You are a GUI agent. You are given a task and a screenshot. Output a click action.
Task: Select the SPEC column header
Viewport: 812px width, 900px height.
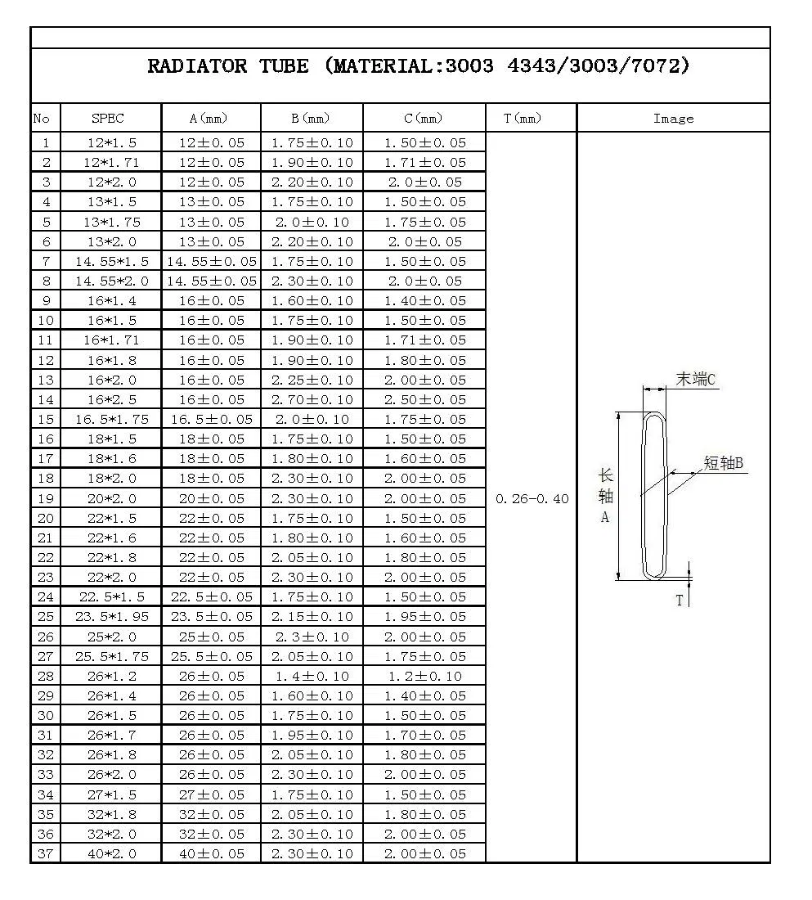click(x=108, y=119)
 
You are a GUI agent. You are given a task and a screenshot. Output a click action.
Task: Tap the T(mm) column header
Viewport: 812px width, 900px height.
click(x=523, y=119)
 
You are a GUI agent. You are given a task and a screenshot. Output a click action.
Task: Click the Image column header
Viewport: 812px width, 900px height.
click(x=673, y=119)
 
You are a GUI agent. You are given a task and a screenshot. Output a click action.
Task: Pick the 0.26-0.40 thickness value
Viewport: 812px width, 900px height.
click(x=532, y=499)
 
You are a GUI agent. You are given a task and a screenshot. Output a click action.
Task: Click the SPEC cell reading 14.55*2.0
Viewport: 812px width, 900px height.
click(x=112, y=281)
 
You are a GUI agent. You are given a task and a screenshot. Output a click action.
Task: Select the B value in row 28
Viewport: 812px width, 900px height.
click(x=312, y=676)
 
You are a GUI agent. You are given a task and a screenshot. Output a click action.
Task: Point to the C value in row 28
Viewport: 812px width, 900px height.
click(x=424, y=676)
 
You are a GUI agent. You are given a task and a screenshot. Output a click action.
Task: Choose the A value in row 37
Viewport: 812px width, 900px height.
click(x=211, y=853)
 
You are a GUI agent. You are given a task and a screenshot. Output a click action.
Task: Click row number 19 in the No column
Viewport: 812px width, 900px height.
click(x=46, y=498)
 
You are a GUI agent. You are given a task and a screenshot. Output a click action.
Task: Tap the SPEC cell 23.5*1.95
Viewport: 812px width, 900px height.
click(x=112, y=617)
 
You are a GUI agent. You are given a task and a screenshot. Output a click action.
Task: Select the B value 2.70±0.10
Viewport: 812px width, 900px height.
click(x=312, y=399)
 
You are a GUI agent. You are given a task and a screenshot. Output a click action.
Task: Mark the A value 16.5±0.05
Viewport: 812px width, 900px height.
click(x=211, y=419)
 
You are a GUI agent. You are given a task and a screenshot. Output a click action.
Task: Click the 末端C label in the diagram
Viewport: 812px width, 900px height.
click(x=695, y=379)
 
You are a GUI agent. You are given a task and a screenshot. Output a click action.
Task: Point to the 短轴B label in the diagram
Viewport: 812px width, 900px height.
click(x=723, y=463)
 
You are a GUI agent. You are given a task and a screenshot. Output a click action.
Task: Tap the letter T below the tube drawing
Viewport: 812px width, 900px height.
click(x=679, y=601)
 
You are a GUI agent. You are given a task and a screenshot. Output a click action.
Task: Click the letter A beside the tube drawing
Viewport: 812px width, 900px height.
click(x=605, y=517)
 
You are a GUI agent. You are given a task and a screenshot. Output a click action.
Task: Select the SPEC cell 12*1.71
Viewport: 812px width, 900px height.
click(x=112, y=162)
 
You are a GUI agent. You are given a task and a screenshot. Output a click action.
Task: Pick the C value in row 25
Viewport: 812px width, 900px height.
click(x=424, y=617)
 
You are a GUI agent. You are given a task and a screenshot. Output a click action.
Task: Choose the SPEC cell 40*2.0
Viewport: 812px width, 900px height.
click(x=112, y=853)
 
